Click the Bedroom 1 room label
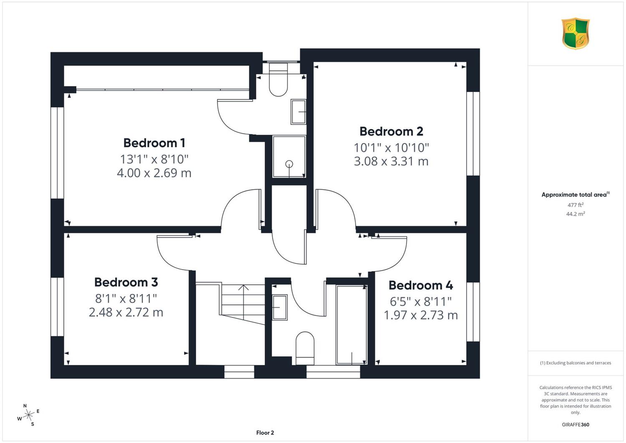coord(154,143)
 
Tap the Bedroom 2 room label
coord(391,131)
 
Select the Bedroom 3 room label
coord(126,282)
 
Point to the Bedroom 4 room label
coord(421,285)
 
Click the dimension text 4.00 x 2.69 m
coord(154,173)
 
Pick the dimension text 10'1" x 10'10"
coord(391,148)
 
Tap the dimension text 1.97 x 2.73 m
coord(421,315)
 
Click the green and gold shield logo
coord(576,33)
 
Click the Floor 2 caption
coord(265,433)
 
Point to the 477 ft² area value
coord(576,205)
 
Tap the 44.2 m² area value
coord(576,214)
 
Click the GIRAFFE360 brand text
coord(576,425)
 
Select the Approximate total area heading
coord(576,195)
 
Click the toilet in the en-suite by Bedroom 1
coord(278,79)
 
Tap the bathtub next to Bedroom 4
coord(351,325)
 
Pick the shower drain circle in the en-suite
coord(289,164)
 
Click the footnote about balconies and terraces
coord(576,363)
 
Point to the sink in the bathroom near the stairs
coord(280,307)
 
